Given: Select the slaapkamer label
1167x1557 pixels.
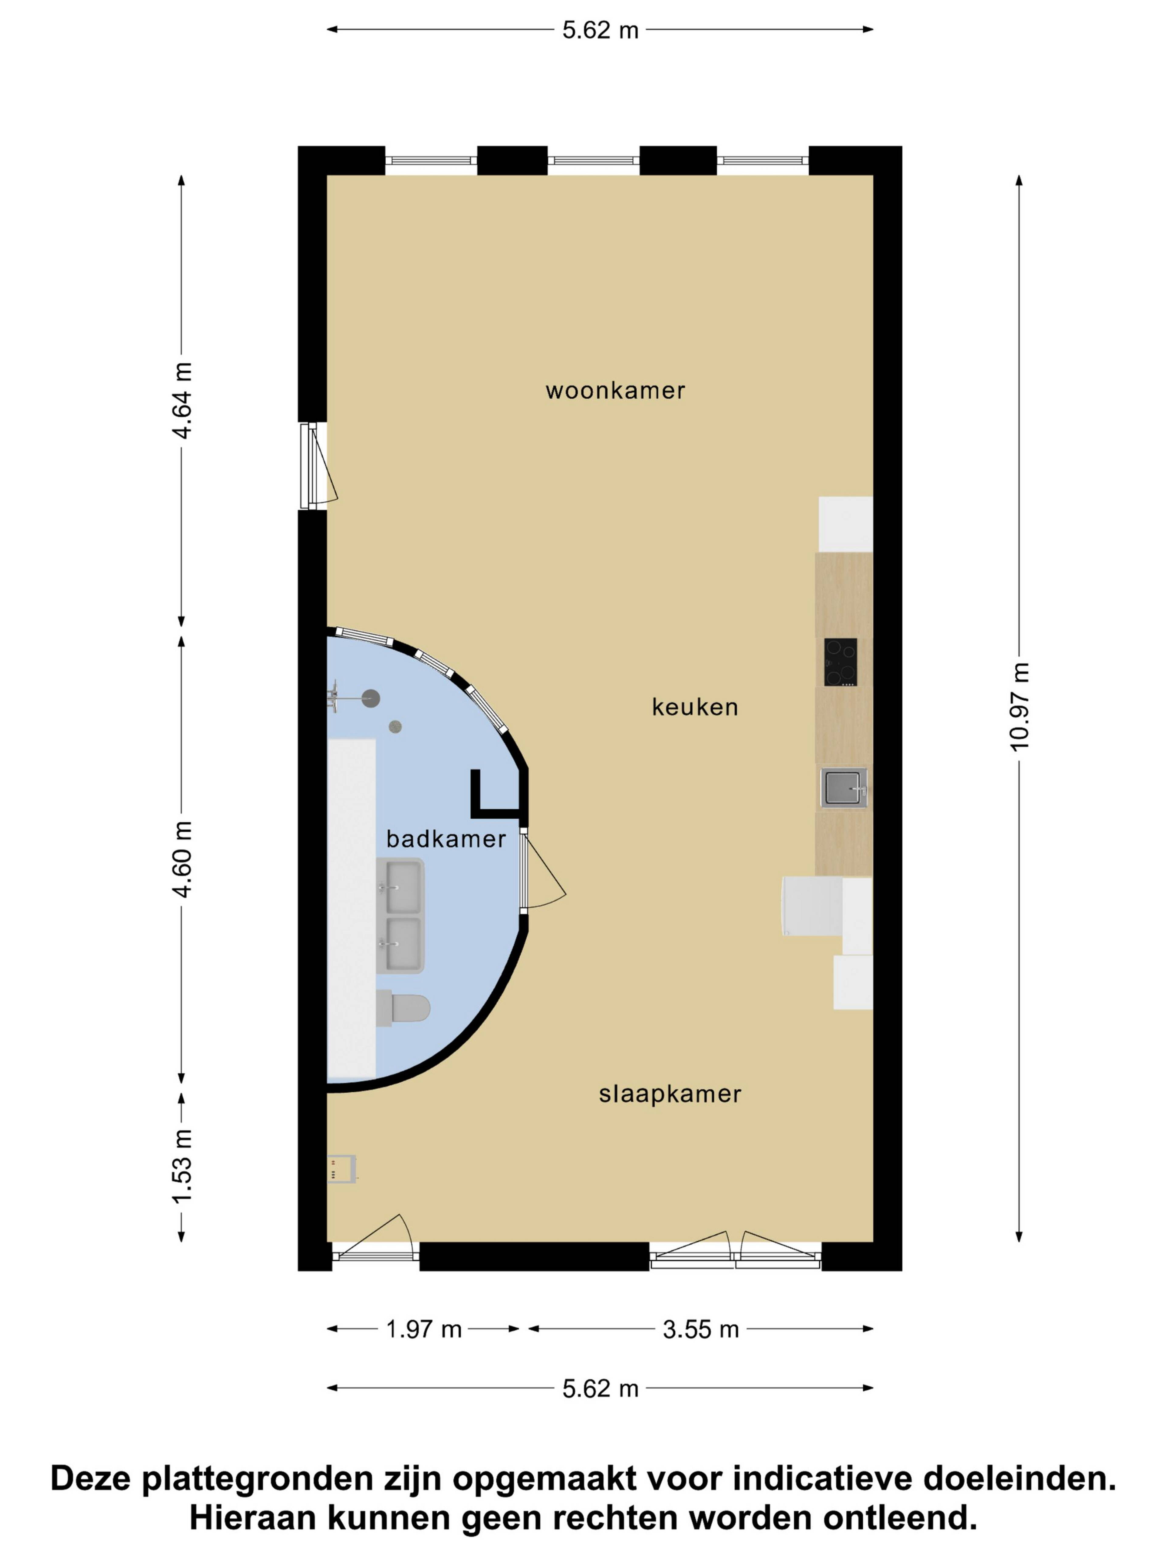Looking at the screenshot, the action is (x=670, y=1094).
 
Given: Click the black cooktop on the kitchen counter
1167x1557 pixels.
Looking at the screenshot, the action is (x=841, y=662).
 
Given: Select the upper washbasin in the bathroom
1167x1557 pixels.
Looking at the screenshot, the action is (x=400, y=887).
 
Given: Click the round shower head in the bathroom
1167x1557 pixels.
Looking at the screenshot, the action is (x=371, y=698).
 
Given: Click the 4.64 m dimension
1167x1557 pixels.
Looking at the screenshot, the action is (x=181, y=401).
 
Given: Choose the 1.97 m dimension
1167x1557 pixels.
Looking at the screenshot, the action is (x=423, y=1329).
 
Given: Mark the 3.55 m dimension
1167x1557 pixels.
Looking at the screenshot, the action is (x=701, y=1329).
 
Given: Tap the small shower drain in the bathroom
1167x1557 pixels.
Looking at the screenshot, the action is (x=395, y=726).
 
